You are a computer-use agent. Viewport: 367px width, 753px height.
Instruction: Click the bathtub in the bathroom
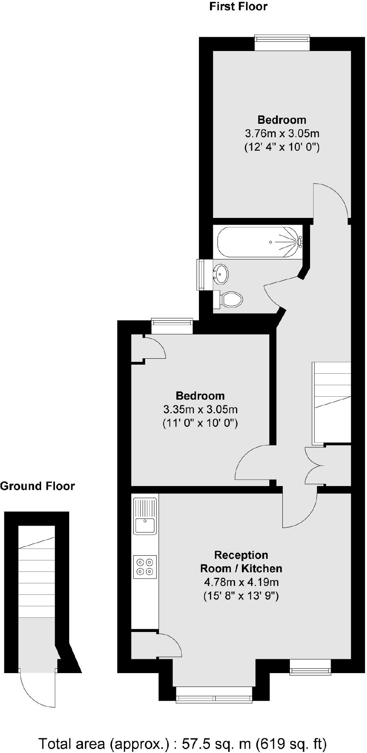(259, 242)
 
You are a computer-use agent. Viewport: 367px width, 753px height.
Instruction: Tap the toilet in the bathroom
(232, 299)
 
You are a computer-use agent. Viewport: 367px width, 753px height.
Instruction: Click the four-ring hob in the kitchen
(145, 567)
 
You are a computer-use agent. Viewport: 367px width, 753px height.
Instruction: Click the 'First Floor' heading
(238, 7)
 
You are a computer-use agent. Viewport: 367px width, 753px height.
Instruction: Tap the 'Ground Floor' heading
(37, 486)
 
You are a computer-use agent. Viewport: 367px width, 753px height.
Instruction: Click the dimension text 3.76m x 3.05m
(282, 133)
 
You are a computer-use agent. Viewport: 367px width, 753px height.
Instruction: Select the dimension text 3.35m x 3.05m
(200, 409)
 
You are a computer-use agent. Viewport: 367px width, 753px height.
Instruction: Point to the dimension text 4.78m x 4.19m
(241, 582)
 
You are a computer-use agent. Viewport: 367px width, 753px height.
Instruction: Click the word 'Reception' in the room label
(241, 555)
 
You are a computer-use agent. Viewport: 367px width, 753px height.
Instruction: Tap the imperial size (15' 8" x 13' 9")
(241, 596)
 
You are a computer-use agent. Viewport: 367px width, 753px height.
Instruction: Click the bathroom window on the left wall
(201, 274)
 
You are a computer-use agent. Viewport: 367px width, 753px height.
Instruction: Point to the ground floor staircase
(37, 571)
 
